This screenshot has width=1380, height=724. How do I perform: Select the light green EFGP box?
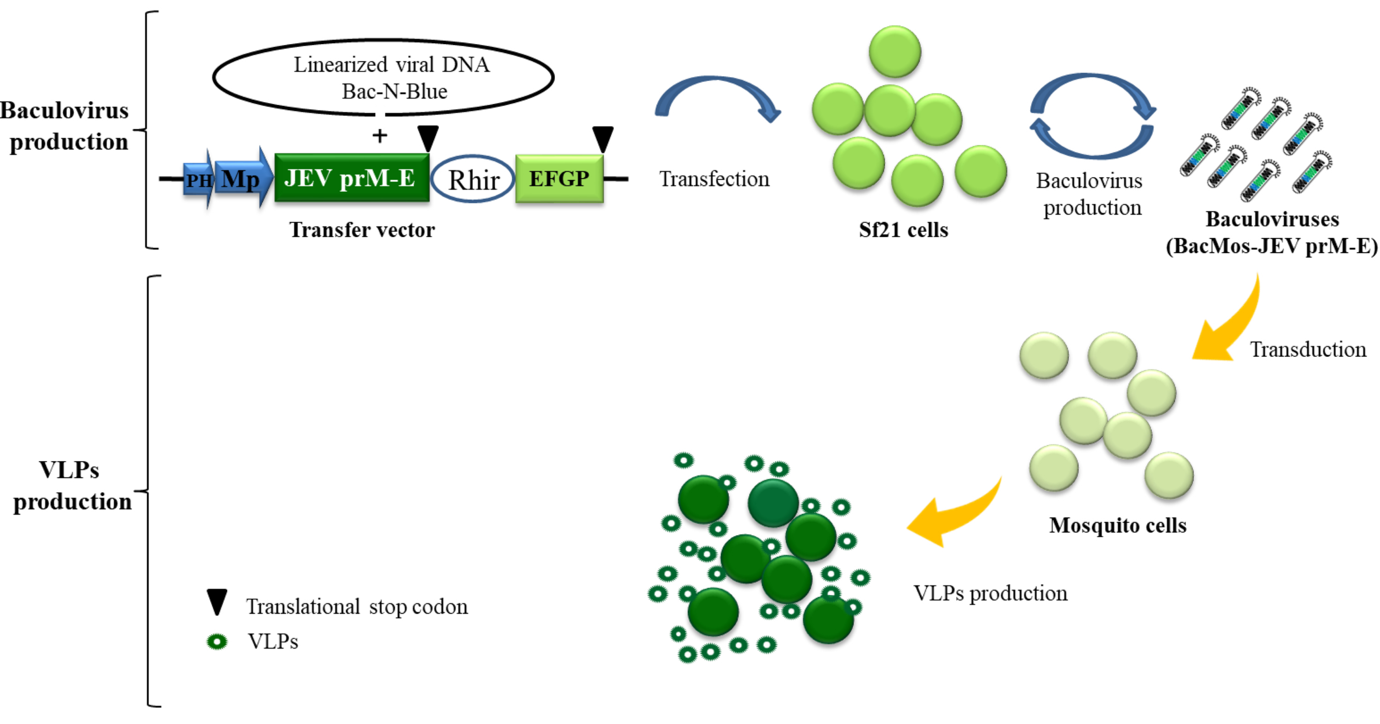(x=559, y=178)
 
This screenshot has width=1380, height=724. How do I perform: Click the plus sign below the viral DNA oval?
(x=380, y=136)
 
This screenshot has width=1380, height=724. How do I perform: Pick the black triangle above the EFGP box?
(x=603, y=138)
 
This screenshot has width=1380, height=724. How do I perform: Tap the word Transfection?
(x=714, y=179)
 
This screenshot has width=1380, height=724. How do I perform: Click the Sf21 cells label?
(x=903, y=230)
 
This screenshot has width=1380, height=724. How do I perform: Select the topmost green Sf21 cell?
(x=895, y=52)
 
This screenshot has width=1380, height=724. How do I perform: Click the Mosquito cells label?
(x=1118, y=525)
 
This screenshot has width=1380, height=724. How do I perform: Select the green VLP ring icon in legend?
(x=217, y=641)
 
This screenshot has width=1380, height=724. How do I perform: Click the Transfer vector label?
(x=362, y=230)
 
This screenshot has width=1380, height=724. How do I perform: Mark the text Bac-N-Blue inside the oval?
(x=394, y=92)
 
